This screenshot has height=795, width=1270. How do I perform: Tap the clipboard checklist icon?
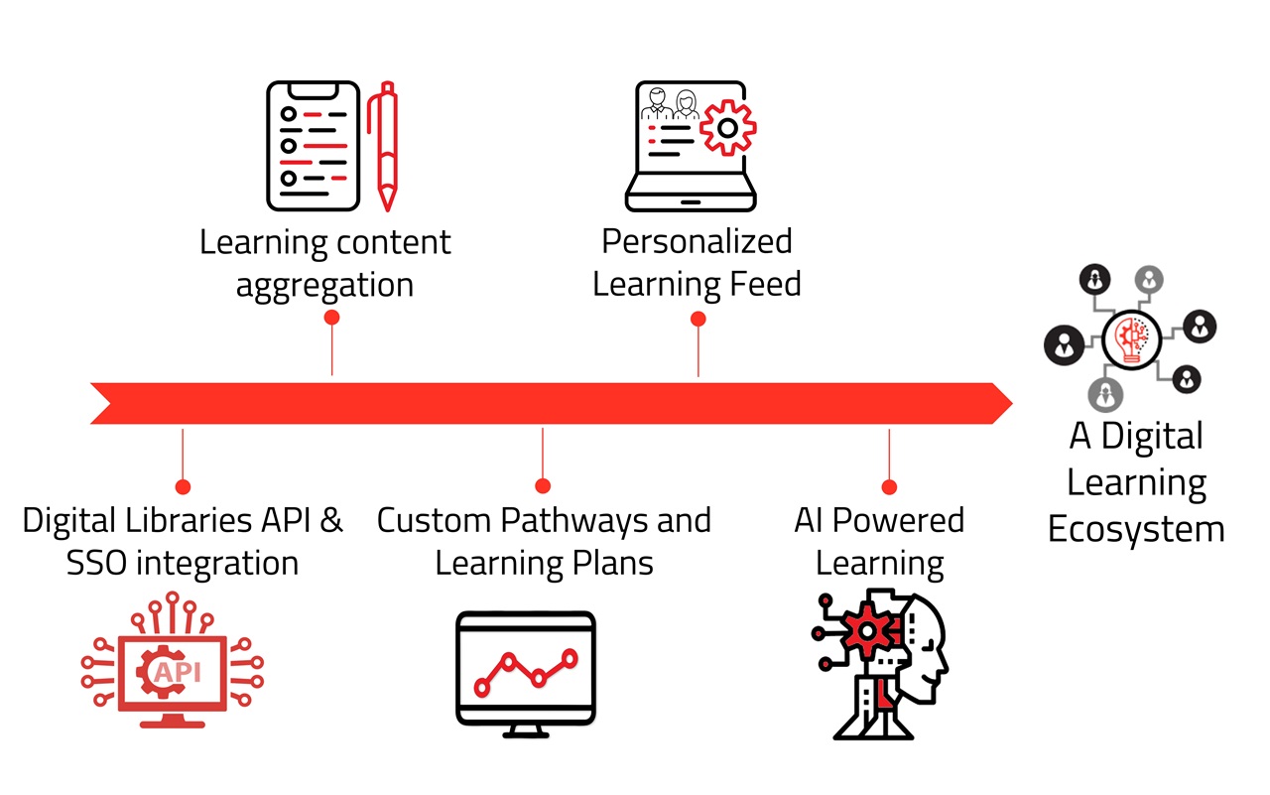[x=312, y=146]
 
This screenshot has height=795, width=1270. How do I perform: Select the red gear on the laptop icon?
[x=727, y=127]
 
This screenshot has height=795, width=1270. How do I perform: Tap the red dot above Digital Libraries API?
[x=183, y=486]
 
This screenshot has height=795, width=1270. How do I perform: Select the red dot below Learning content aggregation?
[x=332, y=318]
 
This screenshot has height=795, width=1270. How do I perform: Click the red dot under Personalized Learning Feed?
[x=698, y=319]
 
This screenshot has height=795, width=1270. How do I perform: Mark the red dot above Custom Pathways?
[x=543, y=486]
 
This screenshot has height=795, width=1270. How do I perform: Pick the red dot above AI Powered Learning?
[x=889, y=487]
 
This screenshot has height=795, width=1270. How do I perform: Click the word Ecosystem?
[x=1136, y=529]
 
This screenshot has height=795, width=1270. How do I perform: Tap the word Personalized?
[x=698, y=241]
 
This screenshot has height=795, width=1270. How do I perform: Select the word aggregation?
[x=324, y=286]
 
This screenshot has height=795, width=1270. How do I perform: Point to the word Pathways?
[x=587, y=520]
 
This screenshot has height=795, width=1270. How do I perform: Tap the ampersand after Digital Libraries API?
[x=331, y=520]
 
